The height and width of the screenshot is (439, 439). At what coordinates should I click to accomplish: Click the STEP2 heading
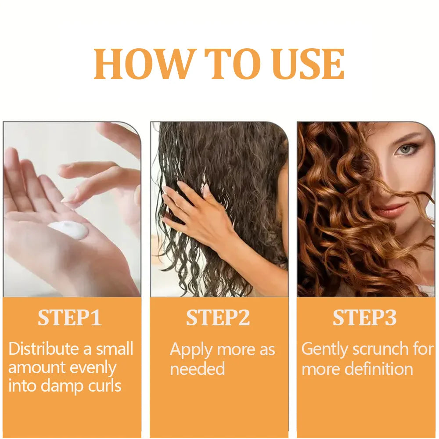point(218,318)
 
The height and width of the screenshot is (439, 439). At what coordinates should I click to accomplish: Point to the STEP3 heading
point(364,318)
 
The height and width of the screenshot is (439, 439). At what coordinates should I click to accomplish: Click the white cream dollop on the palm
point(68,230)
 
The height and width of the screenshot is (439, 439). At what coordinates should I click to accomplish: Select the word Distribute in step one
point(43,349)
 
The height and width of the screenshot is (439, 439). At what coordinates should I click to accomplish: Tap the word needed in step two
point(197,369)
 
